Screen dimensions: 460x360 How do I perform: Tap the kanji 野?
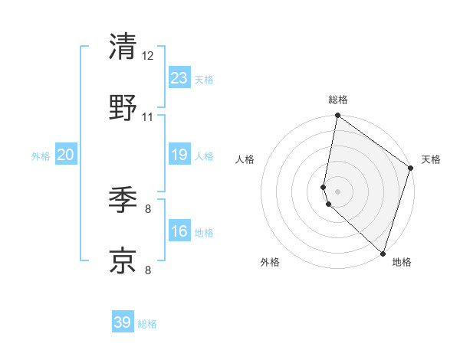(123, 108)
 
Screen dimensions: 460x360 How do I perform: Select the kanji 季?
(123, 199)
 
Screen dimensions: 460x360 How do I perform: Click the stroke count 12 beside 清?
(148, 55)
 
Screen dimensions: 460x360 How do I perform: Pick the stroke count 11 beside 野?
(148, 117)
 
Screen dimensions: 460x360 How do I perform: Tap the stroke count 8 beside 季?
(148, 208)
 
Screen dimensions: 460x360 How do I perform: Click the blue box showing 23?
(179, 78)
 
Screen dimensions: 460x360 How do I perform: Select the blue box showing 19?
(179, 155)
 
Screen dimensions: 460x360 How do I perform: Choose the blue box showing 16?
(179, 231)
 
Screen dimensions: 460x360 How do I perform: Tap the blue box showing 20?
(66, 155)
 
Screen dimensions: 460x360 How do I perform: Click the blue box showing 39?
(123, 322)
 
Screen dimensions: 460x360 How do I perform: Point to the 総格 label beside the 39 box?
(147, 324)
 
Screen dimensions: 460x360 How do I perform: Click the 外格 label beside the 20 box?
(41, 156)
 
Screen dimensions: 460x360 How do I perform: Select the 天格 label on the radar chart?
(432, 159)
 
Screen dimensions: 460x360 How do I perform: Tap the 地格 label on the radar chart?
(402, 262)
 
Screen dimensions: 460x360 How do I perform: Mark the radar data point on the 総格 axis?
(337, 116)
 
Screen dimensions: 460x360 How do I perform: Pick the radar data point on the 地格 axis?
(383, 254)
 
